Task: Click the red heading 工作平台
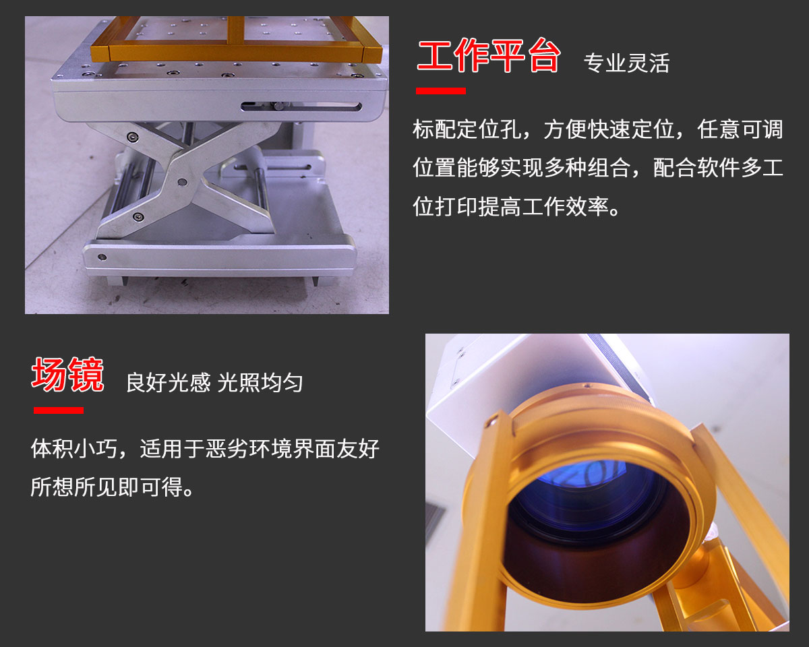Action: (489, 55)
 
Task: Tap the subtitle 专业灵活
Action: (627, 63)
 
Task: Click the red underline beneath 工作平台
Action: (441, 90)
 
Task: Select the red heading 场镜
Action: (67, 375)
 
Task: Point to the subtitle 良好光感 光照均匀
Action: (214, 383)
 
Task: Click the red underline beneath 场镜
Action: (58, 410)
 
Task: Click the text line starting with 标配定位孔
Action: (598, 129)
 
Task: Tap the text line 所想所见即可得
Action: (113, 487)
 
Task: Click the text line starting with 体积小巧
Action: (205, 448)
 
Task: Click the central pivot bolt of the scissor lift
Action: (182, 183)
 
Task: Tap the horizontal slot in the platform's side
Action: (301, 106)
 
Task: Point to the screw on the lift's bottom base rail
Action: (102, 257)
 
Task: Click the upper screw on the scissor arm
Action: (132, 137)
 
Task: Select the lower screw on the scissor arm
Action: (138, 217)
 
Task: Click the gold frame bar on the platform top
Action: (237, 53)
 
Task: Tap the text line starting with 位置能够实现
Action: (598, 168)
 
